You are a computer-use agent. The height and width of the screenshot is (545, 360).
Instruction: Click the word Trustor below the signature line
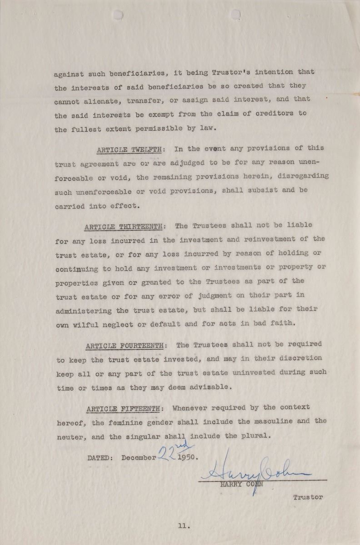pos(308,497)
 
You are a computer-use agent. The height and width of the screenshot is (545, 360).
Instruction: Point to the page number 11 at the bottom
pos(183,526)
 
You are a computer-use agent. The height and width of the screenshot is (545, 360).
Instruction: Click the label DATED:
pos(100,458)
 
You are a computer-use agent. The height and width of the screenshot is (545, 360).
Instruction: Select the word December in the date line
pos(139,458)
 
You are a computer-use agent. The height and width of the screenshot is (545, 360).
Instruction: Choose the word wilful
pos(86,325)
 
